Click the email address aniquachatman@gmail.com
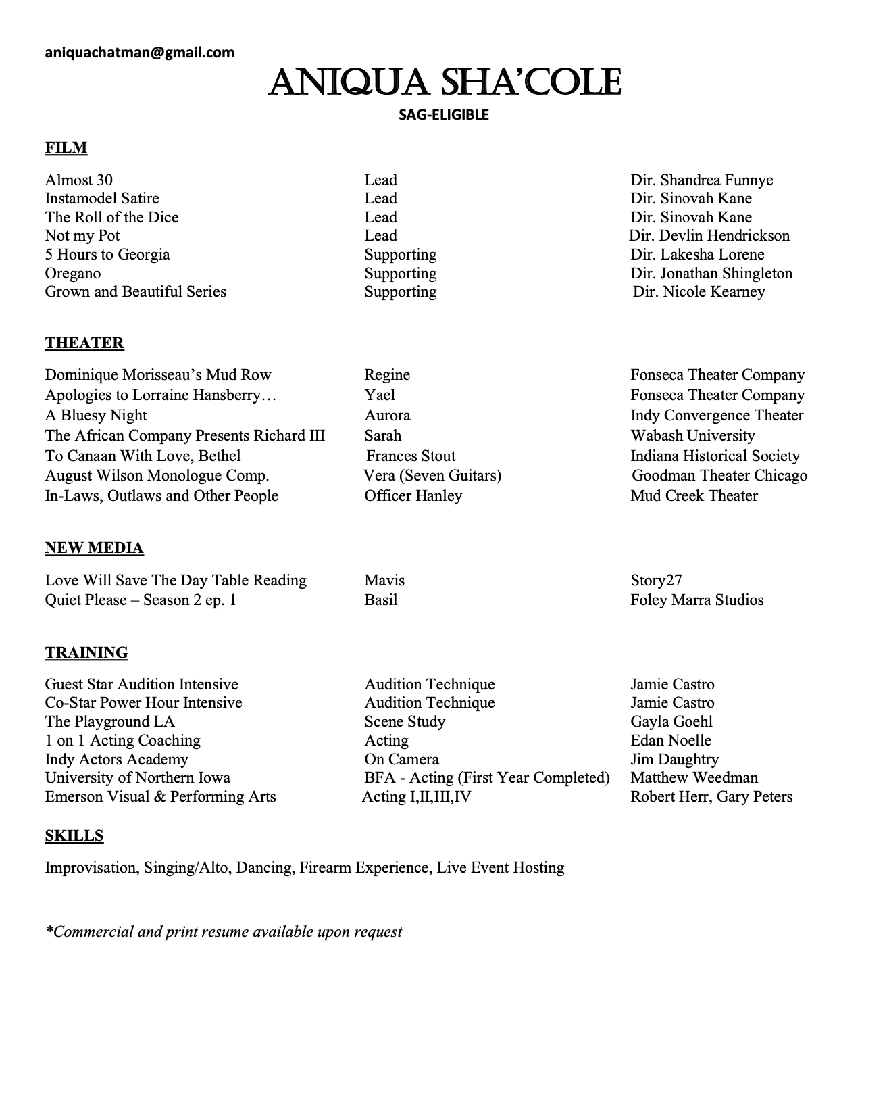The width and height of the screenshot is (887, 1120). [140, 52]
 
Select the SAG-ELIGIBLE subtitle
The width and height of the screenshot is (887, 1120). [443, 115]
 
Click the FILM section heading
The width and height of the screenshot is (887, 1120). [66, 147]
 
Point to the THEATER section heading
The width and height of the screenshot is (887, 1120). [84, 343]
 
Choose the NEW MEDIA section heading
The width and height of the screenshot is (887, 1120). [94, 547]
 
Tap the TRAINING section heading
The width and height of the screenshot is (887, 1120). [86, 652]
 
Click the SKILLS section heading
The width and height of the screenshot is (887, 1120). [74, 835]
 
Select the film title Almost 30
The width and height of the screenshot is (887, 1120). [79, 180]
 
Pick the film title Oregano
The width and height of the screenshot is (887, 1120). [73, 273]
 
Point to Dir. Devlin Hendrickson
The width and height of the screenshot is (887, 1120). [709, 235]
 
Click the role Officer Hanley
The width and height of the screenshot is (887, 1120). [413, 495]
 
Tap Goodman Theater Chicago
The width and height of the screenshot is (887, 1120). [719, 475]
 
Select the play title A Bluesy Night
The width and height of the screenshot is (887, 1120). [96, 415]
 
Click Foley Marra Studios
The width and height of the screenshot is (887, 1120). [697, 600]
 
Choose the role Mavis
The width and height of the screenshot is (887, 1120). [384, 580]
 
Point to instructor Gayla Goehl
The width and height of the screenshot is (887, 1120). [671, 721]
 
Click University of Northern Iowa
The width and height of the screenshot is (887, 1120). [138, 777]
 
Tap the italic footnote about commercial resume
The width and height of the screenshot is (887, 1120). [224, 931]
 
